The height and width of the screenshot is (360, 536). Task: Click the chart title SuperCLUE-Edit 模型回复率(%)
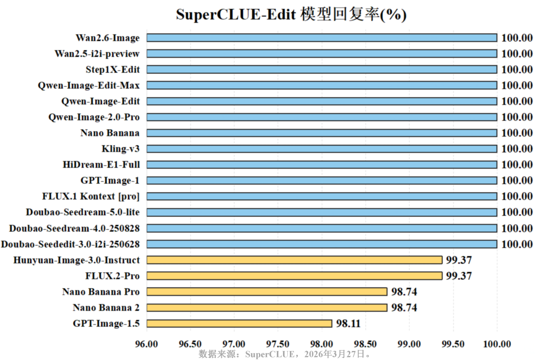(x=291, y=14)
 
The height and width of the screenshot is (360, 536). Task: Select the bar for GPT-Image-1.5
(x=239, y=324)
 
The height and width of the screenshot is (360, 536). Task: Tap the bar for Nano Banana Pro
(x=267, y=291)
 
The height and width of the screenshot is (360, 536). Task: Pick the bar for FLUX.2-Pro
(x=294, y=276)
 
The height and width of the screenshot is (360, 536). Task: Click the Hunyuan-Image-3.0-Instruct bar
(x=294, y=260)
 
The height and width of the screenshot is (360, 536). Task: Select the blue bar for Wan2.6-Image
(x=322, y=38)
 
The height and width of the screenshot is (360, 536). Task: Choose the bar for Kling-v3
(x=322, y=149)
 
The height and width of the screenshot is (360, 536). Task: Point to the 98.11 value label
(x=348, y=324)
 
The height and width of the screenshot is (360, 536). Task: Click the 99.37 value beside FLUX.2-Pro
(x=459, y=276)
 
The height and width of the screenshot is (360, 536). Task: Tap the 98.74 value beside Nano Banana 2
(x=404, y=308)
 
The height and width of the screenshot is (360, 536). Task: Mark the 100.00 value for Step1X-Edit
(x=517, y=70)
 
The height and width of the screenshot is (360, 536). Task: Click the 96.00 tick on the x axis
(x=147, y=344)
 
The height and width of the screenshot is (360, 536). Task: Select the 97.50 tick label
(x=278, y=344)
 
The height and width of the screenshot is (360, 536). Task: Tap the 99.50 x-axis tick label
(x=453, y=344)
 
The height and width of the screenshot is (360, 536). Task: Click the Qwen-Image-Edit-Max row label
(x=89, y=85)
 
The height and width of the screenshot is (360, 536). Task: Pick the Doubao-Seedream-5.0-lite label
(x=83, y=212)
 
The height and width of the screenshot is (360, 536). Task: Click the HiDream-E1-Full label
(x=101, y=164)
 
